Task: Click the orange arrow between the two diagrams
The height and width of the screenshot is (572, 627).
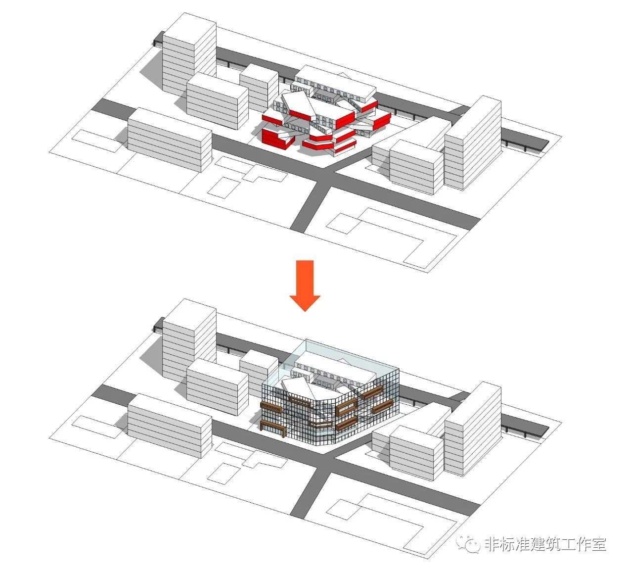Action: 305,284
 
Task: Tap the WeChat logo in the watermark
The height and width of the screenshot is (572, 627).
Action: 468,544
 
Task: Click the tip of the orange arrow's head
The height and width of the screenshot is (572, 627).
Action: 305,310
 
